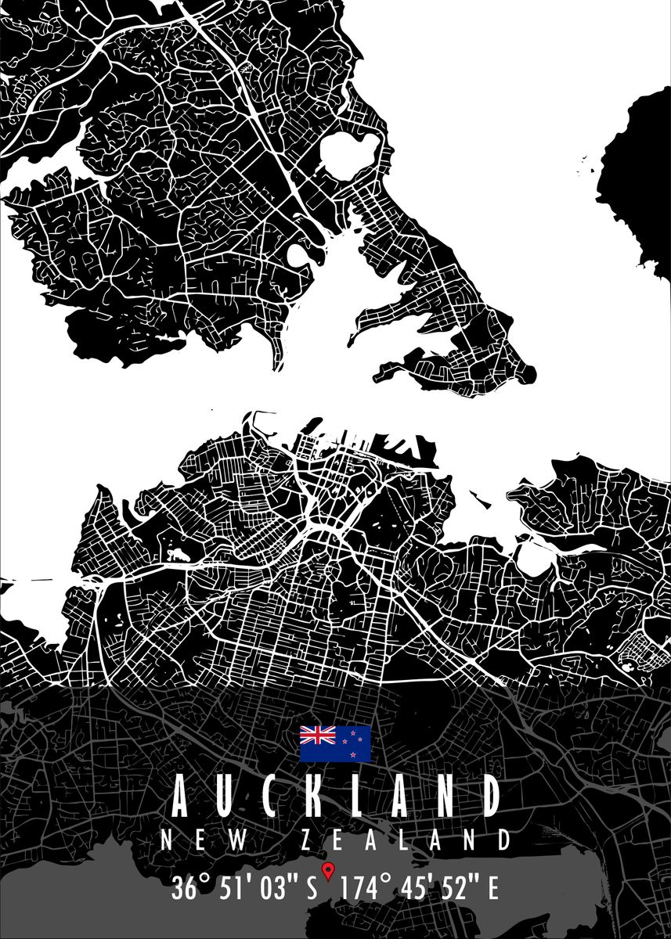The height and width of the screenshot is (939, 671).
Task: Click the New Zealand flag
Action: [335, 743]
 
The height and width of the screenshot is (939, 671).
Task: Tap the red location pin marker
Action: [329, 869]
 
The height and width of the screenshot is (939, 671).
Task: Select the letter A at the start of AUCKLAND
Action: [179, 796]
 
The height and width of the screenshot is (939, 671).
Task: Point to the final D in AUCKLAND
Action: [489, 796]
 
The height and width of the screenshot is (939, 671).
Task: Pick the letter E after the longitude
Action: [493, 888]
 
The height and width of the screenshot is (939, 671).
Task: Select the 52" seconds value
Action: [458, 888]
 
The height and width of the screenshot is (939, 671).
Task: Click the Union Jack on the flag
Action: [318, 735]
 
